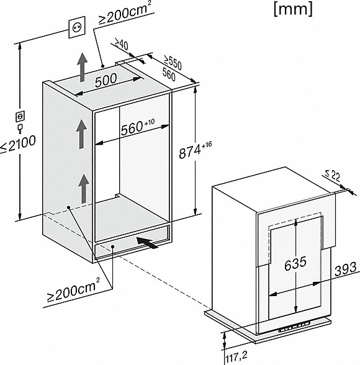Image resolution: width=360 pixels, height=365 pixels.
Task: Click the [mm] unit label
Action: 293,10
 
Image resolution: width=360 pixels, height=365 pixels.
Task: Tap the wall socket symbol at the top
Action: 77,27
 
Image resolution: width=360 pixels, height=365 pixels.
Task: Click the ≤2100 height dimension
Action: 18,143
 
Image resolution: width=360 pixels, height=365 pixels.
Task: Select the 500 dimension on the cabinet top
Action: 106,80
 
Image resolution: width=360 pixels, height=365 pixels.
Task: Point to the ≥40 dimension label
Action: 122,44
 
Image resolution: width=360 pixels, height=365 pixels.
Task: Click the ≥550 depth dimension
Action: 172,62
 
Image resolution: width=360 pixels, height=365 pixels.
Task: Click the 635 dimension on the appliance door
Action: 295,263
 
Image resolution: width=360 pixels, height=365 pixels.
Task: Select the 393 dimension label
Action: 346,269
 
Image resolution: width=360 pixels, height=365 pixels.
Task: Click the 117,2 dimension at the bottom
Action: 236,356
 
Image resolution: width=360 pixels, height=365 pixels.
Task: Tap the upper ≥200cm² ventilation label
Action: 125,13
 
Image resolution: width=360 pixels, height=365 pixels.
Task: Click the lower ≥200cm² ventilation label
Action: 73,290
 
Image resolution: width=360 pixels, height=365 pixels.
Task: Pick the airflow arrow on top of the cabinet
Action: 83,67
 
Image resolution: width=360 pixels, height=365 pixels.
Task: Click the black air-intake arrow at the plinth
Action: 146,243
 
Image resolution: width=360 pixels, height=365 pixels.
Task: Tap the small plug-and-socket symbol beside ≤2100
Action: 20,122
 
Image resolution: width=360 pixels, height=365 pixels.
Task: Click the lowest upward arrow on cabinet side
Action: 84,189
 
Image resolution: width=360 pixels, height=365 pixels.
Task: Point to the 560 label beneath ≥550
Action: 169,74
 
